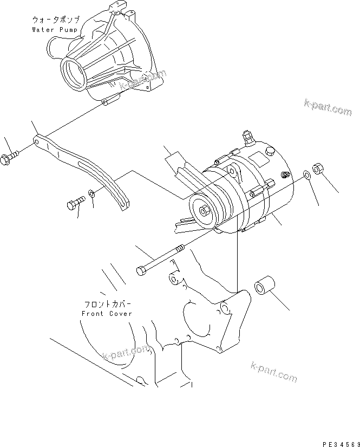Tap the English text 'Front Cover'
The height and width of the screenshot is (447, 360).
[107, 314]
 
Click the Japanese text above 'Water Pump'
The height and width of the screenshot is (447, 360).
[56, 20]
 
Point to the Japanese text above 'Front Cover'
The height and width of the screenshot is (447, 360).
[107, 305]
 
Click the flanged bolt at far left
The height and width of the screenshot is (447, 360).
[10, 159]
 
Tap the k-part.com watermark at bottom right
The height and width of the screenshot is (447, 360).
[273, 372]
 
